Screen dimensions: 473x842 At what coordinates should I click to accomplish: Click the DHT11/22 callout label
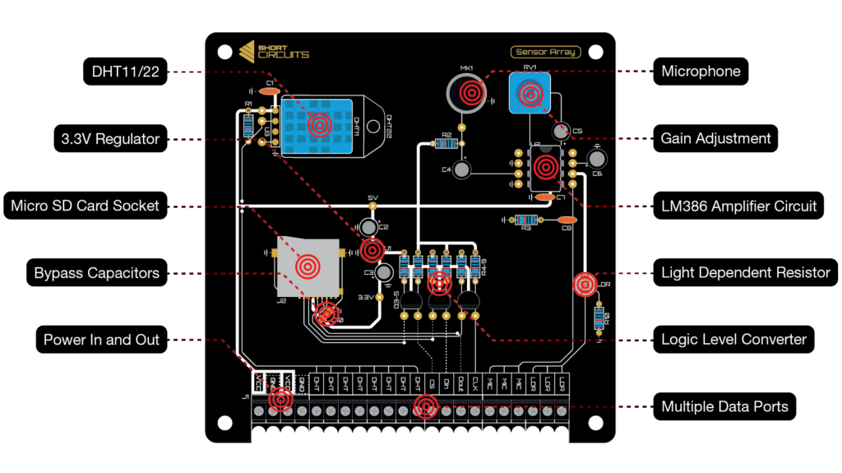click(126, 72)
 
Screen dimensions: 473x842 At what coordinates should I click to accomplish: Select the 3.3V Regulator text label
click(110, 139)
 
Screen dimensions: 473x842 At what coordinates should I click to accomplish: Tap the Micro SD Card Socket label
click(85, 206)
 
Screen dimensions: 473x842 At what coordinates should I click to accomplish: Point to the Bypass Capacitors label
click(96, 272)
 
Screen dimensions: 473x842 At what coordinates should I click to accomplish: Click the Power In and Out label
click(101, 340)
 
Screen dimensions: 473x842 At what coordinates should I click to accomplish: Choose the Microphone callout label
click(701, 72)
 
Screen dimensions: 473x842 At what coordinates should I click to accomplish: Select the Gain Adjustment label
click(715, 138)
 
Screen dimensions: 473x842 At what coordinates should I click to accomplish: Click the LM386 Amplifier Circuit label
click(738, 206)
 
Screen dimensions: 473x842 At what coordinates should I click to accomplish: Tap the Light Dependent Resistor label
click(745, 272)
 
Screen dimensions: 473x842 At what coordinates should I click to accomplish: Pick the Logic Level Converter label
click(733, 339)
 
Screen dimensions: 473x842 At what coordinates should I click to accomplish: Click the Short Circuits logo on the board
click(274, 51)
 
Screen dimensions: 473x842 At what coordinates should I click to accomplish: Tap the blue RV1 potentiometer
click(529, 93)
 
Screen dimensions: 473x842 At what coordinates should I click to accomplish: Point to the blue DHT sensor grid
click(317, 123)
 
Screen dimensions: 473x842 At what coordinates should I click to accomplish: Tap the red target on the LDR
click(584, 285)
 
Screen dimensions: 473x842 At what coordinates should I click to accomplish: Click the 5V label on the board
click(372, 197)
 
